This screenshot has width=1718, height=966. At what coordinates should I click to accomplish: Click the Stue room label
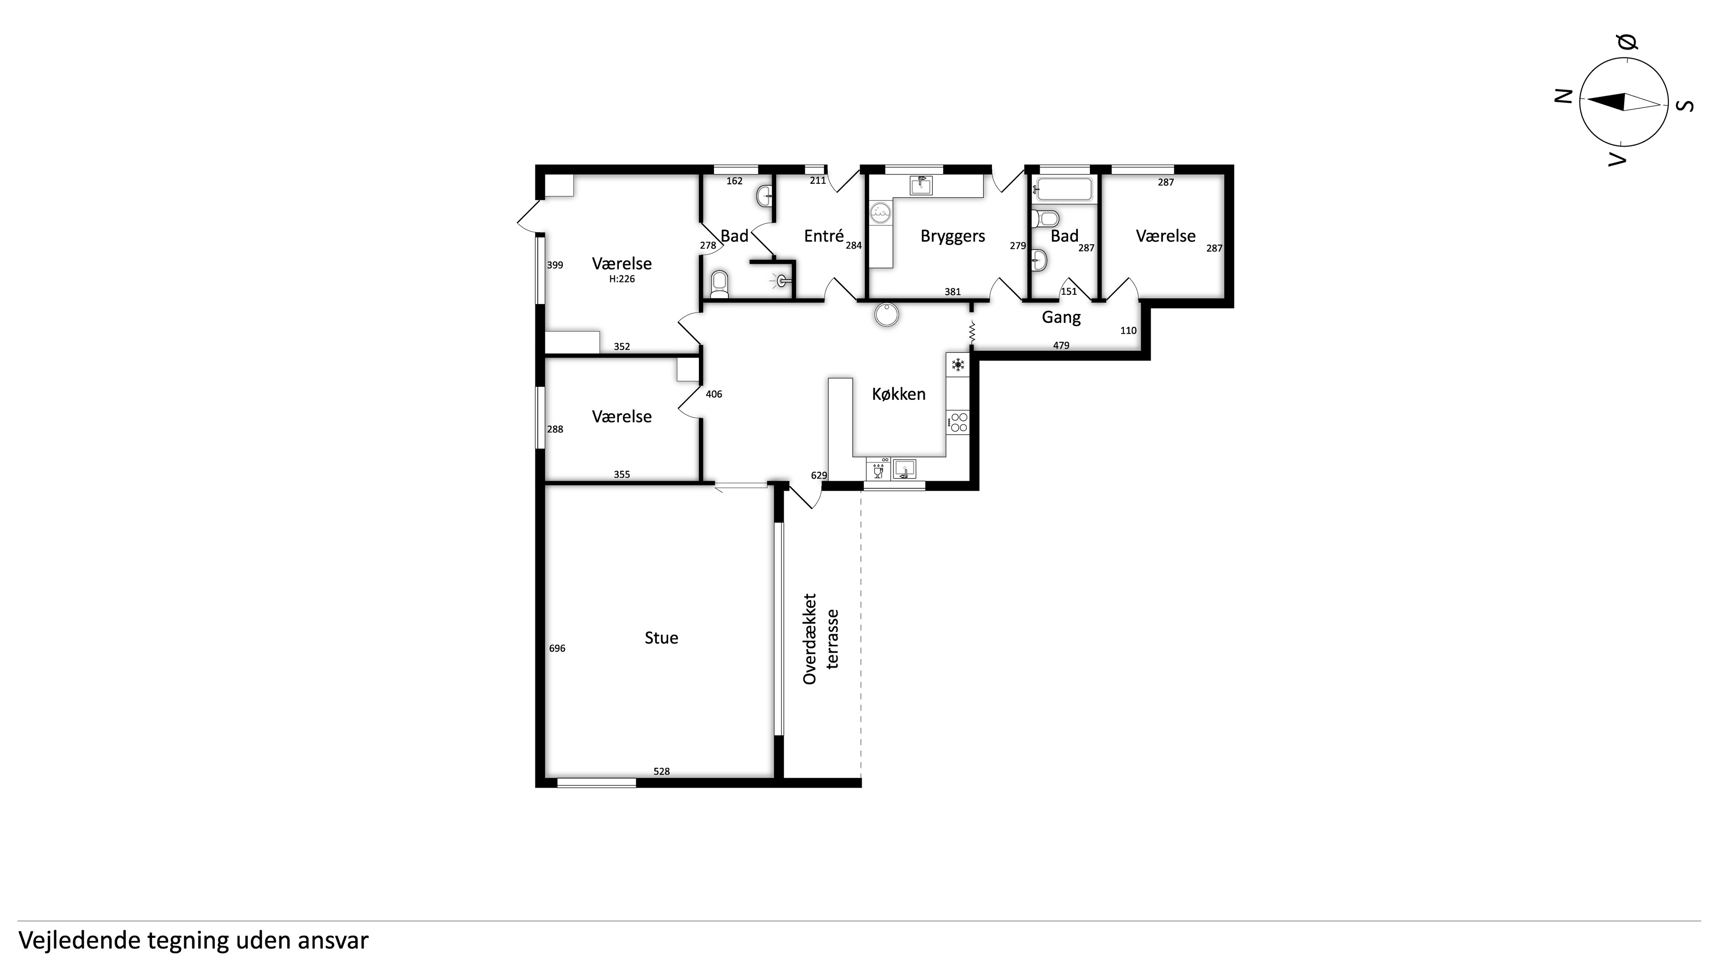click(661, 638)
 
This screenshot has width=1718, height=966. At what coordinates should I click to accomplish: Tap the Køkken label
click(898, 394)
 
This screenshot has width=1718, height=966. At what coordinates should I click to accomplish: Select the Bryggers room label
click(953, 237)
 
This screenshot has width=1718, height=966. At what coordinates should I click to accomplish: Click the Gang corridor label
click(1061, 318)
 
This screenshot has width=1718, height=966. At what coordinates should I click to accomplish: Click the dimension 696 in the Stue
click(557, 648)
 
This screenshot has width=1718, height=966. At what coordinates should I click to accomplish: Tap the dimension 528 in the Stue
click(661, 771)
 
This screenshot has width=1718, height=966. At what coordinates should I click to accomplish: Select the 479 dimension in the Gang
click(1061, 345)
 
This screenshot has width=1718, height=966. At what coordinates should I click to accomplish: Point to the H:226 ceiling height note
click(621, 280)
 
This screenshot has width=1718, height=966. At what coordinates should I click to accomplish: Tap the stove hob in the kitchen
click(958, 422)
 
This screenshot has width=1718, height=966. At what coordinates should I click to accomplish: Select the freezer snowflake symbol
click(958, 364)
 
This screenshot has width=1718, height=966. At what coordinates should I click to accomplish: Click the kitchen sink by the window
click(904, 469)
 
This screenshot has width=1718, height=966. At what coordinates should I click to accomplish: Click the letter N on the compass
click(1563, 97)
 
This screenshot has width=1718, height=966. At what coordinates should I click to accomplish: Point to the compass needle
click(1623, 102)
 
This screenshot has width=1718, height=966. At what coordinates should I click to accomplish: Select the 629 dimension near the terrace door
click(819, 475)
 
